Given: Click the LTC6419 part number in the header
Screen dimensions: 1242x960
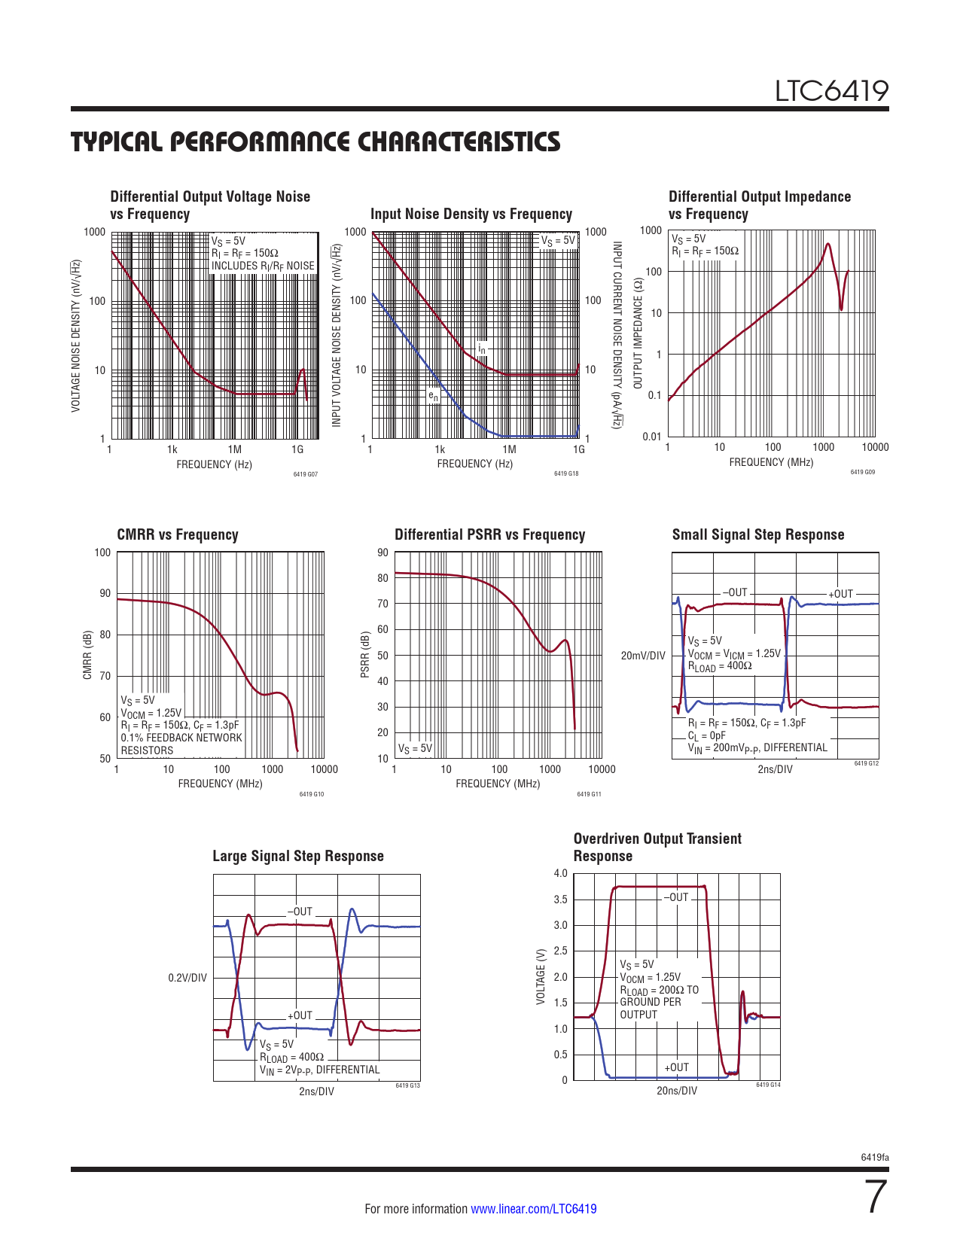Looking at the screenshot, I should [x=832, y=92].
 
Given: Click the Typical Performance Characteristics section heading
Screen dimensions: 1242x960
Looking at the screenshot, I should [x=315, y=142].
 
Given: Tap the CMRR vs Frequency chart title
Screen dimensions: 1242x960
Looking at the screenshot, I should [x=178, y=534].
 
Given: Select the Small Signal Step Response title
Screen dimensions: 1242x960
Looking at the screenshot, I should [x=758, y=534].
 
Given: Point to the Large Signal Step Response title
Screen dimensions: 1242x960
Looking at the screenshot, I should [x=298, y=856].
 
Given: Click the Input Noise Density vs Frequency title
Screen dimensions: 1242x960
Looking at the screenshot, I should [x=471, y=214].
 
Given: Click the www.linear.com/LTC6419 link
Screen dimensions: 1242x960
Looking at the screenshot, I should [x=534, y=1209].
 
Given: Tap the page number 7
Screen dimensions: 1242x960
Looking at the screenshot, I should [x=874, y=1198].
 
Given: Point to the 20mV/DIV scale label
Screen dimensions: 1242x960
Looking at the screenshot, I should [x=643, y=656].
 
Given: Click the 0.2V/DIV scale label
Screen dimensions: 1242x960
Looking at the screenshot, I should [x=187, y=978].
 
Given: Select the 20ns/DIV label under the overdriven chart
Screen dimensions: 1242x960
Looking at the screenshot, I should [x=677, y=1091].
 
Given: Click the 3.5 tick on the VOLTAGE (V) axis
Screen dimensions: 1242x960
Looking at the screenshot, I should [x=560, y=900].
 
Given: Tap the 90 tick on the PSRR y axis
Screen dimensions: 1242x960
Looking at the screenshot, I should [x=383, y=553].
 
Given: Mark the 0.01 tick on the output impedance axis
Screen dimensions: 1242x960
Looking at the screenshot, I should [x=652, y=437].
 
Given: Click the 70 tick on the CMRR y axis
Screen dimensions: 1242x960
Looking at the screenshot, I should [x=105, y=676].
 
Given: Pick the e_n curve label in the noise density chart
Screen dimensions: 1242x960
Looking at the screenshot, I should [x=434, y=396].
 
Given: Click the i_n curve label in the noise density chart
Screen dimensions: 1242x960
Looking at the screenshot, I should [x=482, y=349].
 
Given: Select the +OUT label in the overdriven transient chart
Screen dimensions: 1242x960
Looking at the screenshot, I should [x=676, y=1067].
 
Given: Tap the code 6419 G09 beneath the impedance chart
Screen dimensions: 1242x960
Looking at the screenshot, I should [x=863, y=472].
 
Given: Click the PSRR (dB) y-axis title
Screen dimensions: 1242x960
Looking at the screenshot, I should [x=365, y=653].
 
